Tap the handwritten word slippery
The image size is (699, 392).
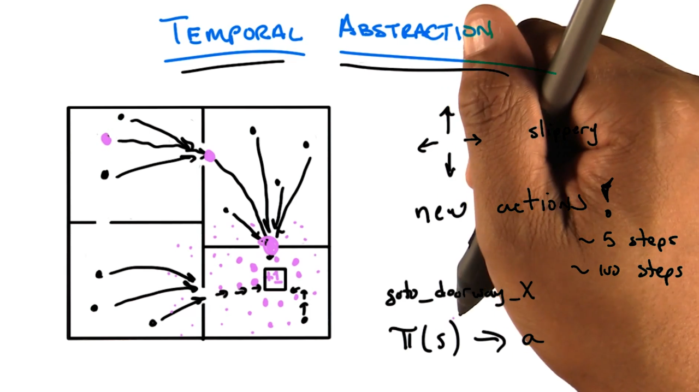[x=562, y=132]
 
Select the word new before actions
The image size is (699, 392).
[x=440, y=210]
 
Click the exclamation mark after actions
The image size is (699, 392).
[x=606, y=198]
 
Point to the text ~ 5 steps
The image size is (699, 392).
[x=628, y=240]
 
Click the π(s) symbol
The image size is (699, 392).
[x=424, y=338]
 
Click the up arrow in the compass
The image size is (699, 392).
[x=447, y=119]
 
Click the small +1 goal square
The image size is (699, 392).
[x=275, y=279]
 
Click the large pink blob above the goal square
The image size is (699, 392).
[x=270, y=245]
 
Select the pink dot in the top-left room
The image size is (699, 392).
[x=106, y=139]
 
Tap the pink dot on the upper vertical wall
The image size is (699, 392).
[x=209, y=156]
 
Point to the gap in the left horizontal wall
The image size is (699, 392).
[x=103, y=222]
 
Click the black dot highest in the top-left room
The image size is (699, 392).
[x=121, y=117]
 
